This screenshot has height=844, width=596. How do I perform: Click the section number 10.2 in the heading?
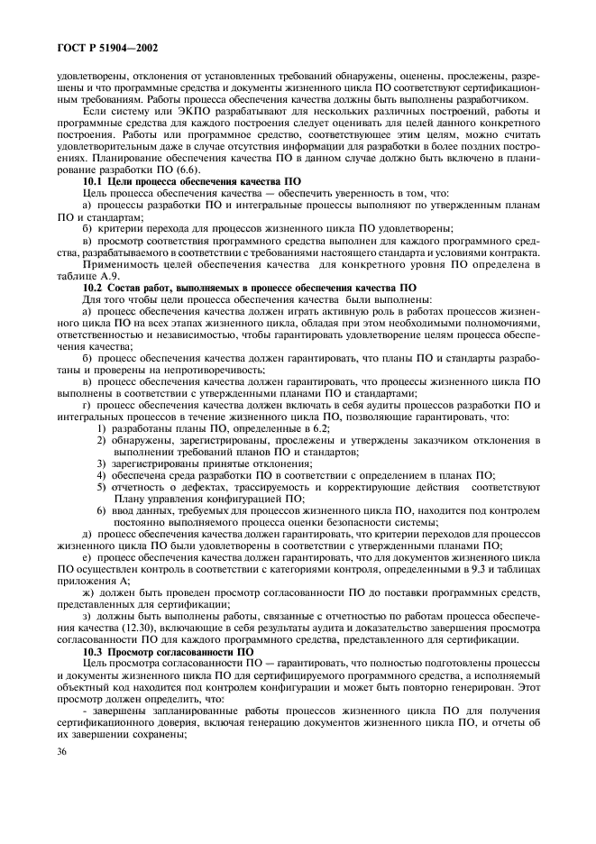pyautogui.click(x=93, y=287)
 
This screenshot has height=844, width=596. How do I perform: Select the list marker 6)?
pyautogui.click(x=101, y=510)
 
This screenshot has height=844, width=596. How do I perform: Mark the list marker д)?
pyautogui.click(x=87, y=534)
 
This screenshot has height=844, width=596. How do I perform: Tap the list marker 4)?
pyautogui.click(x=101, y=474)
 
